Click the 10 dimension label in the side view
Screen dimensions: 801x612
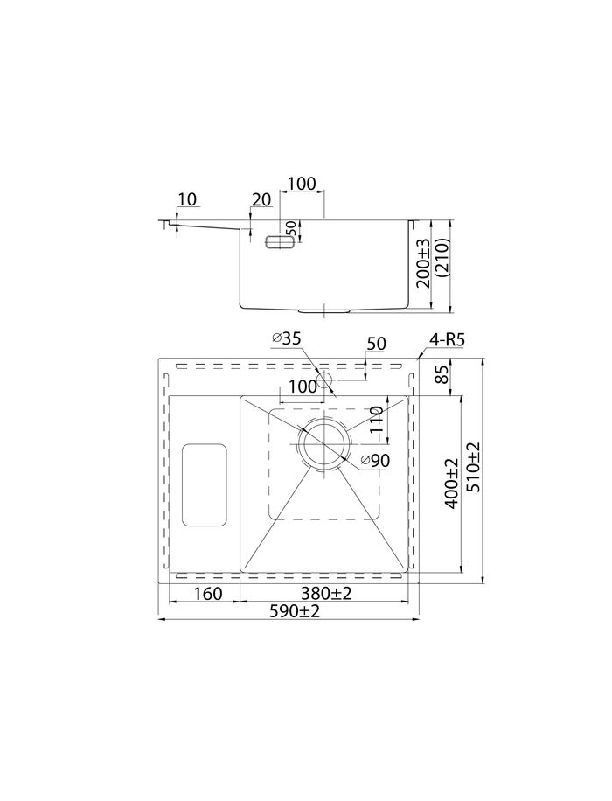187,199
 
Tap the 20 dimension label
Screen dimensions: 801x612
261,199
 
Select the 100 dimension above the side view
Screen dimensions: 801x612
302,184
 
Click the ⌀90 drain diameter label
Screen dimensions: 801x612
373,462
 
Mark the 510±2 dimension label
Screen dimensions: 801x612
474,468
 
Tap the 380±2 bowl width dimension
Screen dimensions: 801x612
323,594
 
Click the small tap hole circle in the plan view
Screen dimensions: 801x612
324,380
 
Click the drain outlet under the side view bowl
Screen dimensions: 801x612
324,310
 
